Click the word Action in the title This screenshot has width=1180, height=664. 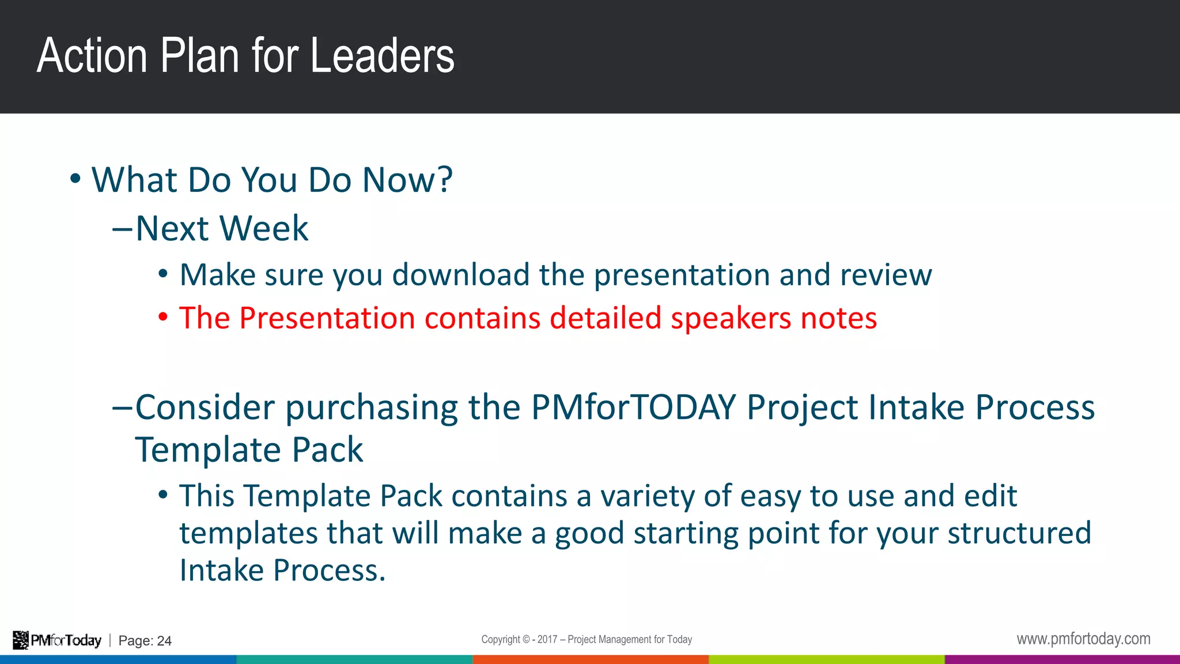pyautogui.click(x=92, y=56)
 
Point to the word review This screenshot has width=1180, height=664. pyautogui.click(x=886, y=275)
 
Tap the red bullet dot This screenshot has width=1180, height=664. pyautogui.click(x=163, y=317)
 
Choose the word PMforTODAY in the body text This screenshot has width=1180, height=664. pyautogui.click(x=633, y=407)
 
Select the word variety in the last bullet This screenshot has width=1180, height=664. pyautogui.click(x=648, y=496)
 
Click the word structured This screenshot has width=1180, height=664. pyautogui.click(x=1019, y=533)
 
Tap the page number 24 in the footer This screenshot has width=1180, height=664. pyautogui.click(x=164, y=641)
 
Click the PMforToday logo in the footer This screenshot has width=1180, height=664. pyautogui.click(x=57, y=640)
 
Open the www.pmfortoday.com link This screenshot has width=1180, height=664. pyautogui.click(x=1083, y=639)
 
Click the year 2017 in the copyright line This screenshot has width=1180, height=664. pyautogui.click(x=547, y=639)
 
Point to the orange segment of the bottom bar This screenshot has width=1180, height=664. pyautogui.click(x=590, y=659)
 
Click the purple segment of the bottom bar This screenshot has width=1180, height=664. pyautogui.click(x=1062, y=659)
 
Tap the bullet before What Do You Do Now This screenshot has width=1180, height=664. pyautogui.click(x=75, y=179)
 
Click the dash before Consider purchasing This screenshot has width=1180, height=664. pyautogui.click(x=122, y=408)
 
